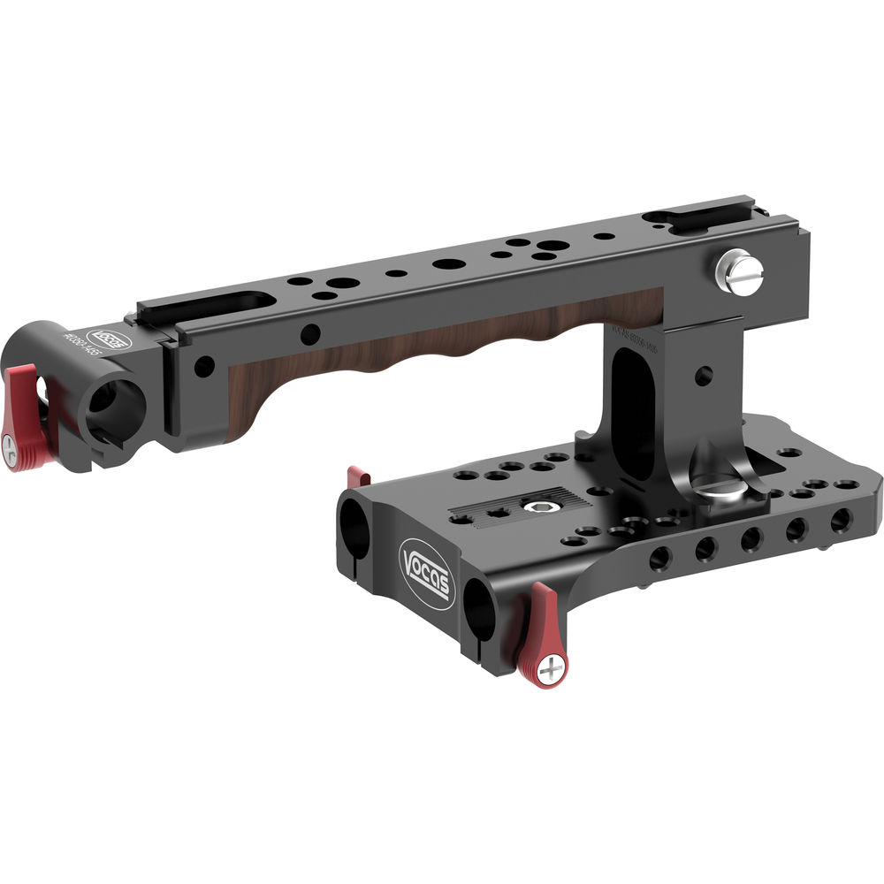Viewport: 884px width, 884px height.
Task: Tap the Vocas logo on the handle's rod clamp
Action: pyautogui.click(x=113, y=339)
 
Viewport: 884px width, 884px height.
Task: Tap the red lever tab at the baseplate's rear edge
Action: pyautogui.click(x=357, y=476)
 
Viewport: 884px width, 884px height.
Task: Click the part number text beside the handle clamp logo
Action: pyautogui.click(x=89, y=347)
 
